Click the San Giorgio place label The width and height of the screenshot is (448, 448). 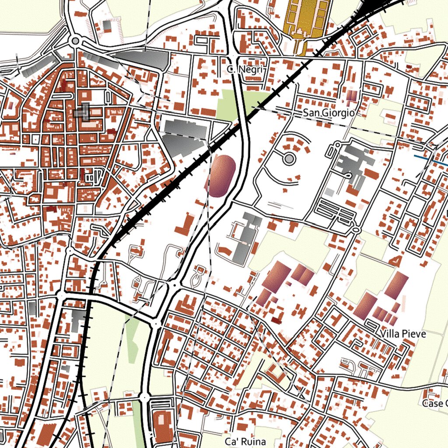point(328,113)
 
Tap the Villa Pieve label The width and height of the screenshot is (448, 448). point(403,334)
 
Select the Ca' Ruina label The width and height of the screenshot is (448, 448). point(245,441)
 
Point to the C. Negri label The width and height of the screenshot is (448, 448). point(245,69)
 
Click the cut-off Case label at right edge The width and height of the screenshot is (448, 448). point(435,403)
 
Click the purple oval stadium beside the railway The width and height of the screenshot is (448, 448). point(221,175)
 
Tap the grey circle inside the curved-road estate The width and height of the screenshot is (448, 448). point(289,158)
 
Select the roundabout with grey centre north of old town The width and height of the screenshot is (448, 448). point(75,41)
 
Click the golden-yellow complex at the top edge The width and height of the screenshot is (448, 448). point(306,17)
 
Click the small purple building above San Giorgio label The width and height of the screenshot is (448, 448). point(352,97)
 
